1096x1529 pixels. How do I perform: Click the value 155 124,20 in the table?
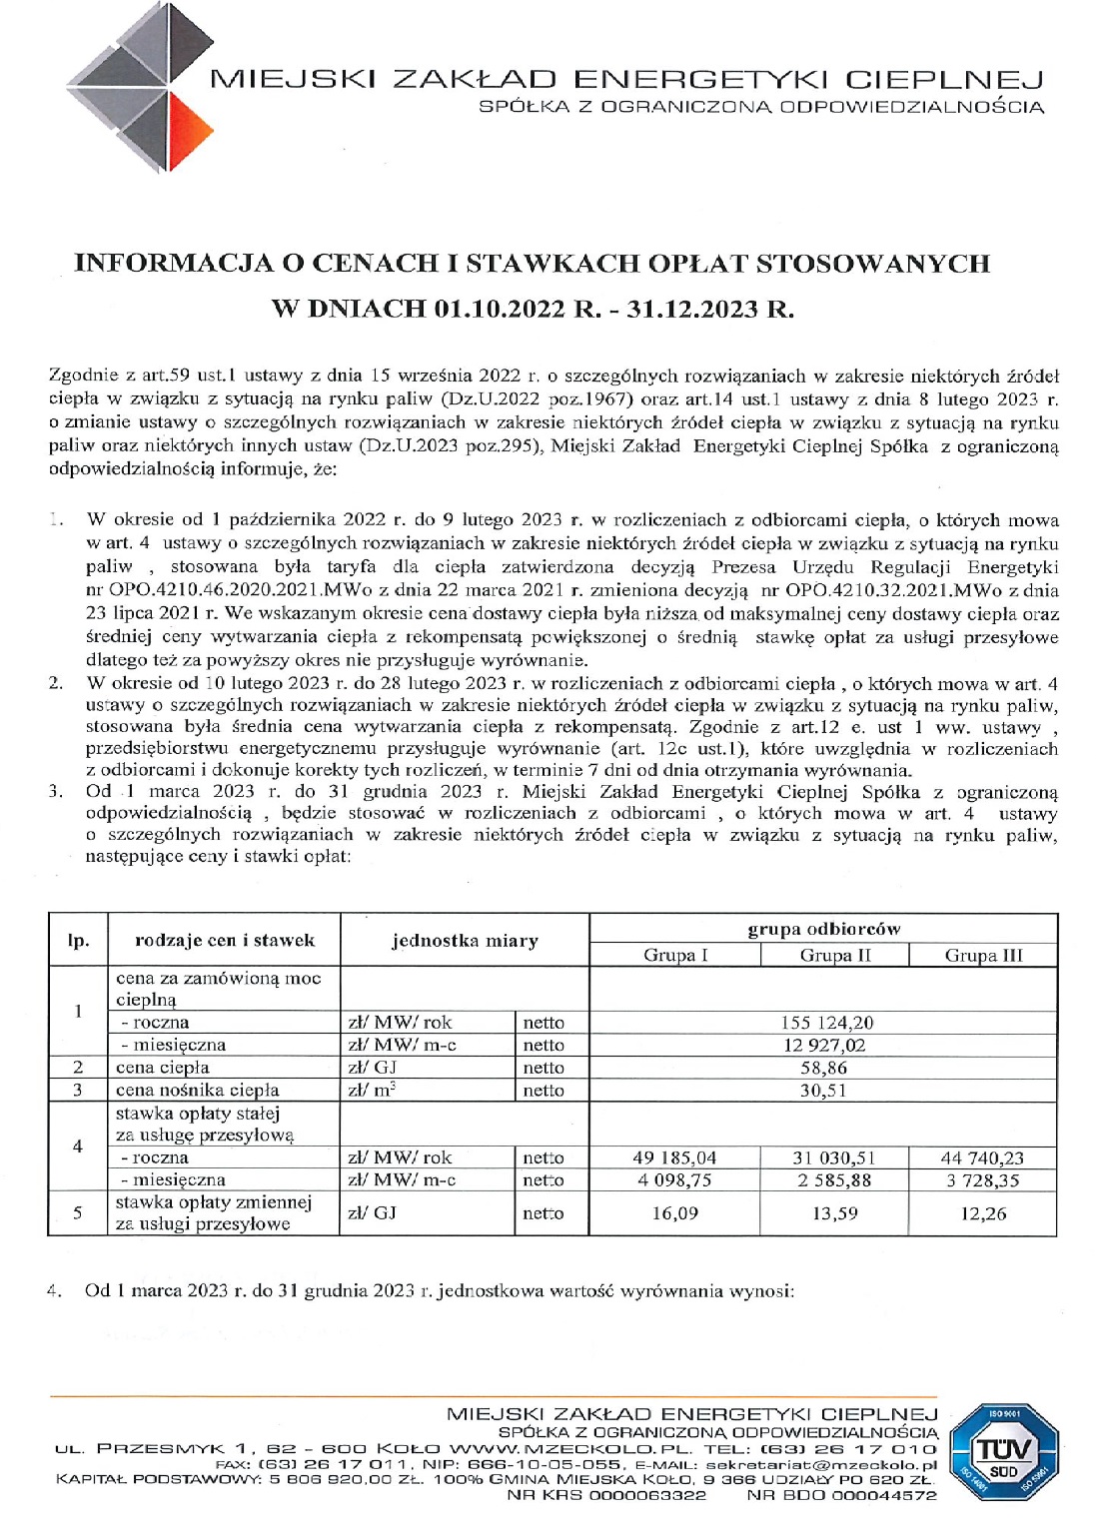pyautogui.click(x=823, y=1022)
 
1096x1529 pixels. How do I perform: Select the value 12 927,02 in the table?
pyautogui.click(x=823, y=1045)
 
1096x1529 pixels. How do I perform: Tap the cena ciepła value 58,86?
pyautogui.click(x=823, y=1067)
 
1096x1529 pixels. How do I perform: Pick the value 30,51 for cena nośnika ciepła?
pyautogui.click(x=823, y=1090)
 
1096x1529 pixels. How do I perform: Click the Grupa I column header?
pyautogui.click(x=675, y=955)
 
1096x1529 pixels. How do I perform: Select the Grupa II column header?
pyautogui.click(x=835, y=955)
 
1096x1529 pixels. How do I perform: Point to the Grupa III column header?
pyautogui.click(x=983, y=955)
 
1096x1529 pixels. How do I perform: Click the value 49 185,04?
pyautogui.click(x=675, y=1157)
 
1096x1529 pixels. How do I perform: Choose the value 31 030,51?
pyautogui.click(x=834, y=1157)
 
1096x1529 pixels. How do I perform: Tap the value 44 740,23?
pyautogui.click(x=982, y=1157)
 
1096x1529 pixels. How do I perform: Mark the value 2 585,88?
pyautogui.click(x=834, y=1179)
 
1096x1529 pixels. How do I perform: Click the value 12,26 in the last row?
pyautogui.click(x=984, y=1213)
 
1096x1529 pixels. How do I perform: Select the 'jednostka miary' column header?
pyautogui.click(x=465, y=941)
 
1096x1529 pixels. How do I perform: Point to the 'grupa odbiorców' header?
pyautogui.click(x=823, y=928)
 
